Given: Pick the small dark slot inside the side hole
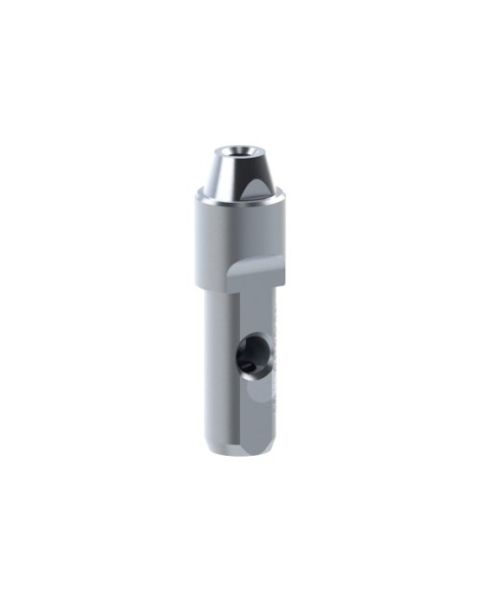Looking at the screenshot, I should [248, 364].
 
